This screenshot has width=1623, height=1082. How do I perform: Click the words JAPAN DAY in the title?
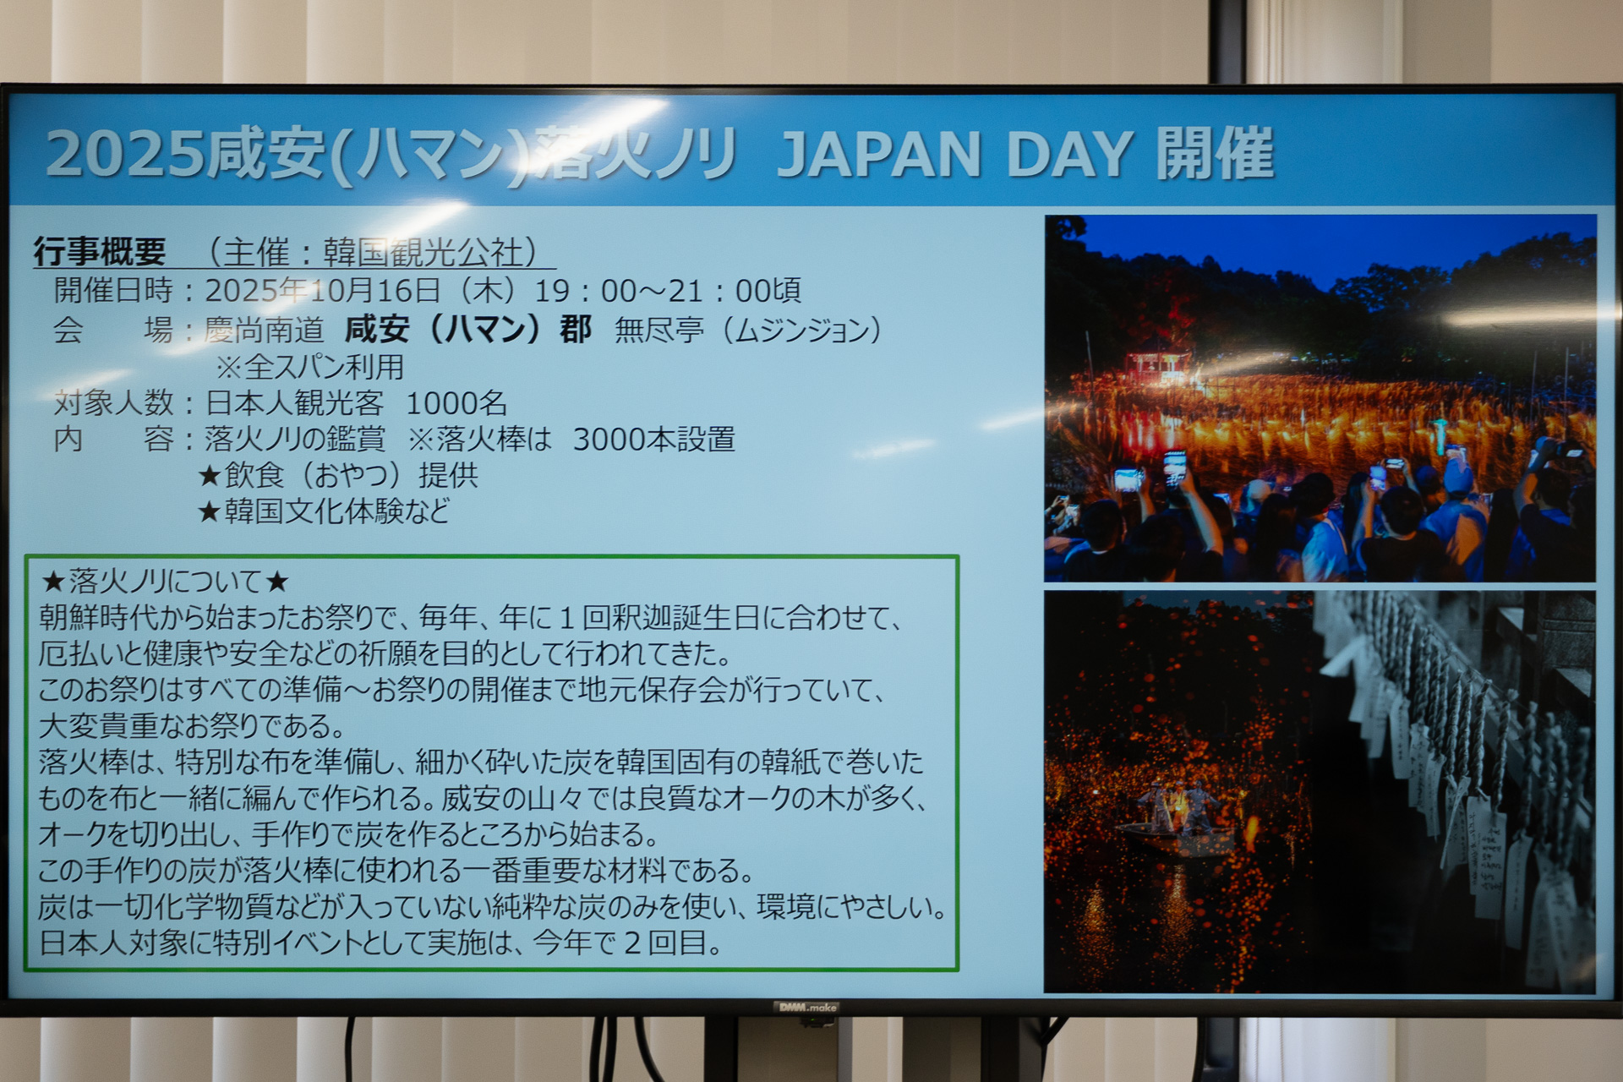click(955, 155)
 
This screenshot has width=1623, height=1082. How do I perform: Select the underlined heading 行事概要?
click(100, 251)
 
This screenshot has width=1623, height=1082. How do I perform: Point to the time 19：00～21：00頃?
click(668, 291)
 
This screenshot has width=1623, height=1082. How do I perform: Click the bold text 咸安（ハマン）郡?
click(467, 329)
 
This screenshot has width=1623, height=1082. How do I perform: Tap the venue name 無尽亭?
click(658, 330)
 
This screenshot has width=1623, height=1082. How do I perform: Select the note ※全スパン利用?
click(309, 367)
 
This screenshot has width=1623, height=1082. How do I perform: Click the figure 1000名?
click(456, 403)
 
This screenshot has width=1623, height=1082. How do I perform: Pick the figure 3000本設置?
click(653, 440)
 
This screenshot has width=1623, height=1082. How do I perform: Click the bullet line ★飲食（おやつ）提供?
click(338, 475)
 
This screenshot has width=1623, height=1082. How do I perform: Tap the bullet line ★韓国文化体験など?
click(324, 511)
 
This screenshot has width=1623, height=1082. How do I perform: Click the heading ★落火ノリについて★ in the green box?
click(166, 581)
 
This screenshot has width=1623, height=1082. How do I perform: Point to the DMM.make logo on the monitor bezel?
click(806, 1007)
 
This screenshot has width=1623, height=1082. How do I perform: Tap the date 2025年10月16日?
click(322, 291)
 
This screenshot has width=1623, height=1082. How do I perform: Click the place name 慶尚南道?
click(264, 330)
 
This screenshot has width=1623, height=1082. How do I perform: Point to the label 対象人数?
click(114, 403)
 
